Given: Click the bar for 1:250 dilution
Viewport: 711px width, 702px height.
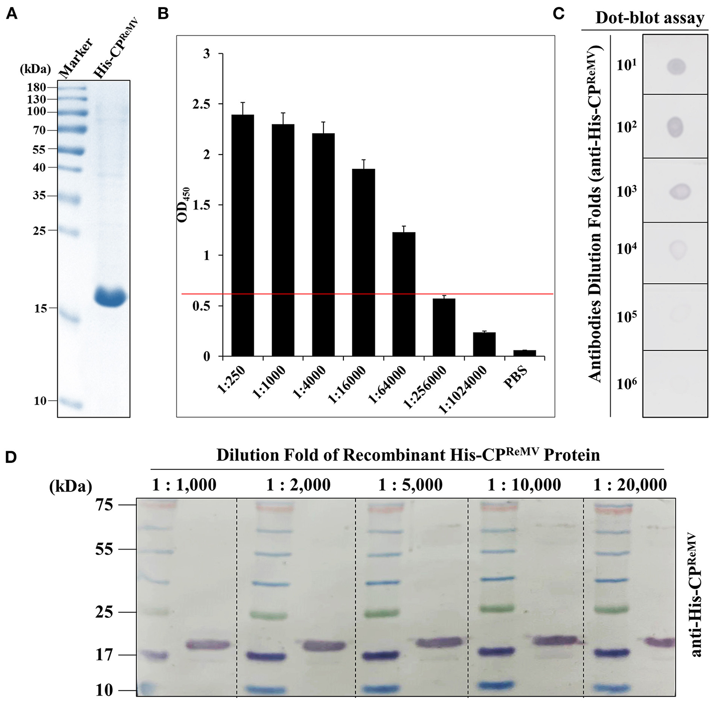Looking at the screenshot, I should [x=243, y=236].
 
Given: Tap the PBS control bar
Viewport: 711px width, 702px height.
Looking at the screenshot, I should [x=524, y=353].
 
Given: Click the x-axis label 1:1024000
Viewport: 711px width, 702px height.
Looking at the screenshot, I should [x=463, y=390].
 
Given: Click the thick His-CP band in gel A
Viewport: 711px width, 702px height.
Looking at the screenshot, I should [x=111, y=297].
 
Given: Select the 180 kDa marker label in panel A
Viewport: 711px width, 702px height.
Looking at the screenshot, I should [x=37, y=88].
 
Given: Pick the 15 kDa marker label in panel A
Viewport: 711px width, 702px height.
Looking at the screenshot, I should [x=41, y=309].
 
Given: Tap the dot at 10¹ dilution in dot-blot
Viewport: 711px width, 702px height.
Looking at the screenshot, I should [x=675, y=66].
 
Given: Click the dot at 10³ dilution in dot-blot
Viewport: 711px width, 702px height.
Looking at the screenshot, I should [x=680, y=191].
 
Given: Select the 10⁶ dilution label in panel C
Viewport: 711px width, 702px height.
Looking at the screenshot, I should [x=626, y=384].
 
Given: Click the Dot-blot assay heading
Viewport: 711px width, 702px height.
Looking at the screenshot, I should [x=650, y=18].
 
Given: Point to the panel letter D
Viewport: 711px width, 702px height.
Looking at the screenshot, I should [x=11, y=457].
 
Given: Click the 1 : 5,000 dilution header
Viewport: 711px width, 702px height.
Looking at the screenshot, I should [x=410, y=485].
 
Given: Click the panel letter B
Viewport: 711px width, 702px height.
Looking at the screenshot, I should [x=163, y=14].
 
